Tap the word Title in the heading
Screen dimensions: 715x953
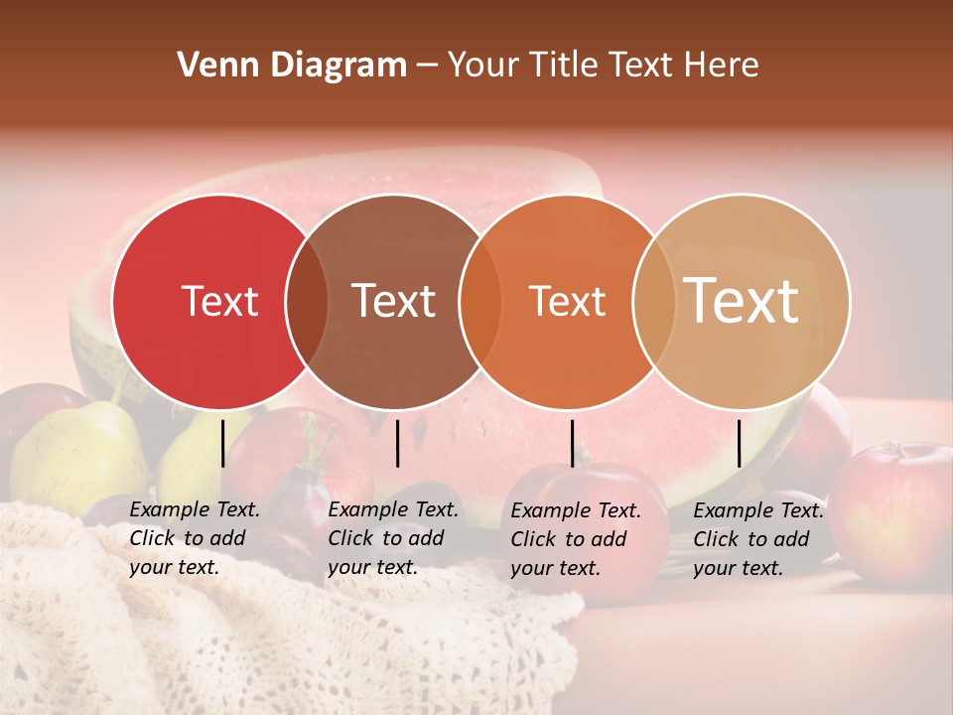coord(562,66)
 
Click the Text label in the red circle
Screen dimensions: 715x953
coord(219,302)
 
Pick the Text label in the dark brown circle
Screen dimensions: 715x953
coord(394,302)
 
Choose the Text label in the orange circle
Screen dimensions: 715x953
coord(568,302)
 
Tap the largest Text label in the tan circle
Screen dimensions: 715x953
coord(742,301)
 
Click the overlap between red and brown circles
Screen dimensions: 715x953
coord(307,302)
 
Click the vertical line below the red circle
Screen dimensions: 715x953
coord(223,443)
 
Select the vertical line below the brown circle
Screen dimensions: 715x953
coord(397,443)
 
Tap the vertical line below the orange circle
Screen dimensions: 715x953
coord(573,443)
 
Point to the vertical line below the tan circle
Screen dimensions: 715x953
coord(740,443)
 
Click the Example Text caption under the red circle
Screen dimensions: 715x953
coord(195,538)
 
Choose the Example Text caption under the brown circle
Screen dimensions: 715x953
coord(393,538)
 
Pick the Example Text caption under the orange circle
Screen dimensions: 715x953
coord(576,539)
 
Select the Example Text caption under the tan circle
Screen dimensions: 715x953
coord(758,539)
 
